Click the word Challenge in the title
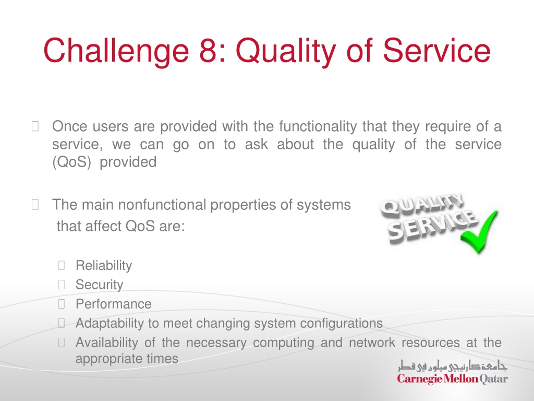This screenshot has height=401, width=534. tap(116, 51)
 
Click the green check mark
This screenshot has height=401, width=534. tap(479, 232)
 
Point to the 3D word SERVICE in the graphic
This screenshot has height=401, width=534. tap(432, 226)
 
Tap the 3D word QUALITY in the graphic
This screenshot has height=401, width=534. tap(421, 204)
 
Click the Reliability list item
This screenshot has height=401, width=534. tap(104, 266)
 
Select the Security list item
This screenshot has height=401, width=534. tap(99, 285)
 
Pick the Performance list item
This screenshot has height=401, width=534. tap(113, 304)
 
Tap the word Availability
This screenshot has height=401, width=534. tap(106, 343)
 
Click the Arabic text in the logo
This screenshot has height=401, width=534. tap(453, 365)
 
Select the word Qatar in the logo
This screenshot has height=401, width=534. tap(493, 379)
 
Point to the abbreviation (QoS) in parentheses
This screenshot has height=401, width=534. tap(71, 162)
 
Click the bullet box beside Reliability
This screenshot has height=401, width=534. tap(62, 265)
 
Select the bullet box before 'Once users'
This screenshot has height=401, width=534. tap(35, 126)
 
